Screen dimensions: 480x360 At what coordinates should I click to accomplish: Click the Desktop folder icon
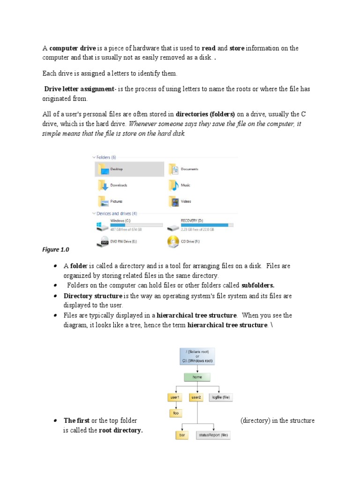click(x=103, y=169)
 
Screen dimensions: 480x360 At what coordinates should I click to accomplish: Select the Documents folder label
click(x=189, y=169)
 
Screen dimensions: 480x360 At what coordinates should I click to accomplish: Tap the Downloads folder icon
click(x=103, y=186)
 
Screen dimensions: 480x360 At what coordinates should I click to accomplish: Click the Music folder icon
click(x=173, y=186)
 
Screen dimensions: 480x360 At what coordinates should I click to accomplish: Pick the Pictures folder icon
click(x=103, y=202)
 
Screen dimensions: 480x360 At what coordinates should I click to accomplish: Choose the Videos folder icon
click(x=173, y=202)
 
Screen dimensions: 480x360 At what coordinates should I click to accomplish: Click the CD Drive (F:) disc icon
click(x=173, y=242)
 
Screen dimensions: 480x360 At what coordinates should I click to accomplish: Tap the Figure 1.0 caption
click(x=56, y=250)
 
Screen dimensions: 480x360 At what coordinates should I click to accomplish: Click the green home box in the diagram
click(x=197, y=376)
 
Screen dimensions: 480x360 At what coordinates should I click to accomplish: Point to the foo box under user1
click(x=176, y=413)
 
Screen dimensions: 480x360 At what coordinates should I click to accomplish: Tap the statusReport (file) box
click(x=213, y=435)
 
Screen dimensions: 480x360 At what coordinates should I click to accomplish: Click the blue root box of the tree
click(x=197, y=356)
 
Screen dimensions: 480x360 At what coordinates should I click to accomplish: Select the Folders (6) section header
click(x=106, y=157)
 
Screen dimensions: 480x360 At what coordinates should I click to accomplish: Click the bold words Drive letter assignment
click(x=79, y=89)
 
